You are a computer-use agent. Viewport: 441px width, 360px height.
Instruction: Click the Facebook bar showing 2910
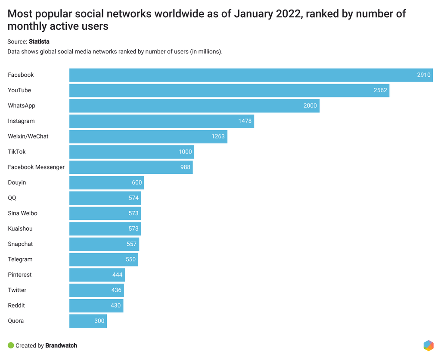pyautogui.click(x=251, y=75)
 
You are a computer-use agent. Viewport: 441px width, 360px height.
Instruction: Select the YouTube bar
pyautogui.click(x=229, y=91)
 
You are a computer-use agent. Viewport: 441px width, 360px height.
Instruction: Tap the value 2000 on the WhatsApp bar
pyautogui.click(x=310, y=106)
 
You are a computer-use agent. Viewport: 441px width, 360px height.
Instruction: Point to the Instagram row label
pyautogui.click(x=21, y=121)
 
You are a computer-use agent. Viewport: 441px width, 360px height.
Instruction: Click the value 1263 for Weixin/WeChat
pyautogui.click(x=218, y=136)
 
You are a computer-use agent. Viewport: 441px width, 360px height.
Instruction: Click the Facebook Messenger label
pyautogui.click(x=36, y=167)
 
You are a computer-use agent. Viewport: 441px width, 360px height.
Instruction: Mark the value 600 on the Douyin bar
pyautogui.click(x=137, y=182)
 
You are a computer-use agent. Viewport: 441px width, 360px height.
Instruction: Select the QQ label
pyautogui.click(x=12, y=198)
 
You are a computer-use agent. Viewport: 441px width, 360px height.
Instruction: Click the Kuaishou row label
pyautogui.click(x=20, y=229)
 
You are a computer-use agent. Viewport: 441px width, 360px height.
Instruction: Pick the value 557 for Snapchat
pyautogui.click(x=131, y=244)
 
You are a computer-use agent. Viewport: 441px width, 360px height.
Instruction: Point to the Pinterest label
pyautogui.click(x=20, y=275)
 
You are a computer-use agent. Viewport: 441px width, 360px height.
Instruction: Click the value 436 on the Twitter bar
pyautogui.click(x=116, y=290)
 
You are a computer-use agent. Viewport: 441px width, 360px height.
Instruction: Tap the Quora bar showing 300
pyautogui.click(x=88, y=321)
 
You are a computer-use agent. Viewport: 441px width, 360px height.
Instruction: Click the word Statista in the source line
pyautogui.click(x=39, y=42)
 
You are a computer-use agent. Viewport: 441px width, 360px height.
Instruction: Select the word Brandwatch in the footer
pyautogui.click(x=61, y=345)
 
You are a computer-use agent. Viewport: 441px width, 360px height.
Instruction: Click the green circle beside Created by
pyautogui.click(x=11, y=345)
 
